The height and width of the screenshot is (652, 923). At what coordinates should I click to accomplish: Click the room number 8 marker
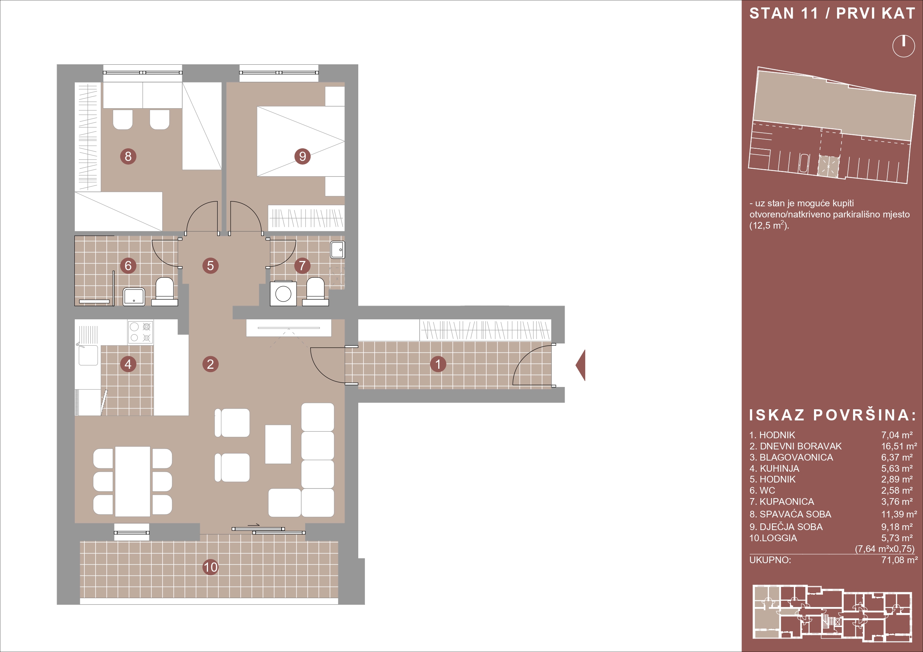coord(128,156)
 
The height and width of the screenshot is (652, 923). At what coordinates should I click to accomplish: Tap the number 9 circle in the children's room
coord(303,156)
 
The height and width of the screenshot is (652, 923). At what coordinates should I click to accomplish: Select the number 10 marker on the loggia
coord(210,567)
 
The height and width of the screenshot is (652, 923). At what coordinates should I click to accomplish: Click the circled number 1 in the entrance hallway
coord(438,364)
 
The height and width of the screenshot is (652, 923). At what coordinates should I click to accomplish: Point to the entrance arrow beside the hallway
coord(581,365)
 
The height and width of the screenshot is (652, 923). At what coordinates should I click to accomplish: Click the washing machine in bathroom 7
coord(283,293)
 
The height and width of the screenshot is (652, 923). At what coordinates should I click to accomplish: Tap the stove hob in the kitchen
coord(141,332)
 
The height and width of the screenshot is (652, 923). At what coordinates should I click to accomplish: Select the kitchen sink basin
coord(88,355)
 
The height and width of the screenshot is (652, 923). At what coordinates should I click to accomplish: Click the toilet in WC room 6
coord(164,291)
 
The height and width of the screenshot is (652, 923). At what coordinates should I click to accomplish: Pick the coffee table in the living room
coord(278,444)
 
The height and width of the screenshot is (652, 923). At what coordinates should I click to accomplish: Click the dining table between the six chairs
coord(133,481)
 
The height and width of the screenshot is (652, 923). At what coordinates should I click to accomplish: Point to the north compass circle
coord(904,46)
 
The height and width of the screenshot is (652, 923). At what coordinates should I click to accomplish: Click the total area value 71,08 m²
coord(899,560)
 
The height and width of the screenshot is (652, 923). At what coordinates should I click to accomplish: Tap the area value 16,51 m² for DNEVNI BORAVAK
coord(899,446)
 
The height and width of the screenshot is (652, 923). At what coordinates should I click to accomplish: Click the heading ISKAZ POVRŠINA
coord(833,415)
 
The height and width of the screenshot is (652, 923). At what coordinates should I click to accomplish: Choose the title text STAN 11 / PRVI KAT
coord(833,13)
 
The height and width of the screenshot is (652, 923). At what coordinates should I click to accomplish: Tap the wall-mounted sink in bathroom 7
coord(338,250)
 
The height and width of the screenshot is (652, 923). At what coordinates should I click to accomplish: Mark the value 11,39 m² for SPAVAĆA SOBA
coord(899,514)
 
